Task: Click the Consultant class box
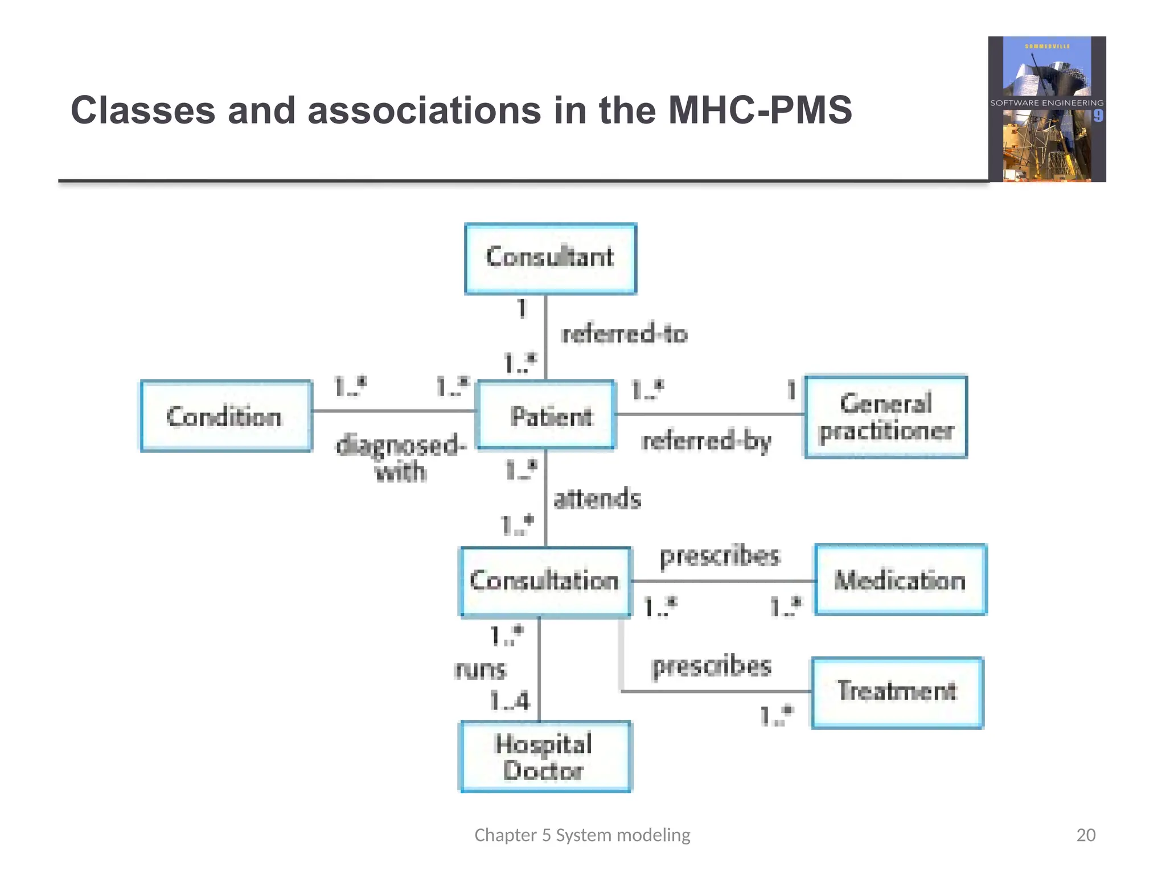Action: pyautogui.click(x=551, y=258)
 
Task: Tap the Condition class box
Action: pyautogui.click(x=226, y=416)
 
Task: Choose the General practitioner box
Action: pyautogui.click(x=886, y=417)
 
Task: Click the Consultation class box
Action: pyautogui.click(x=545, y=582)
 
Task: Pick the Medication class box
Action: pyautogui.click(x=900, y=580)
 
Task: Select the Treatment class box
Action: pyautogui.click(x=897, y=692)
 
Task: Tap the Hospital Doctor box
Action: pyautogui.click(x=545, y=757)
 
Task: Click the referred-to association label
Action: pyautogui.click(x=625, y=333)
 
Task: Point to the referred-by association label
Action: pyautogui.click(x=706, y=441)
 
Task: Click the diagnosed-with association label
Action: pyautogui.click(x=401, y=457)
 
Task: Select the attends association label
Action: pyautogui.click(x=597, y=499)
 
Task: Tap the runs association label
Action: pyautogui.click(x=481, y=670)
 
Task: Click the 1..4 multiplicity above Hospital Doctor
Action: pyautogui.click(x=510, y=700)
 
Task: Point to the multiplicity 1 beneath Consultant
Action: pyautogui.click(x=522, y=309)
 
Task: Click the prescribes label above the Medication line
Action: pyautogui.click(x=720, y=556)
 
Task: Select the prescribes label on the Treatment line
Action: pyautogui.click(x=712, y=666)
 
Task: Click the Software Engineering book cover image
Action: pyautogui.click(x=1047, y=109)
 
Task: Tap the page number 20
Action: pyautogui.click(x=1086, y=835)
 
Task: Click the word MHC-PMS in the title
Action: pyautogui.click(x=759, y=110)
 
